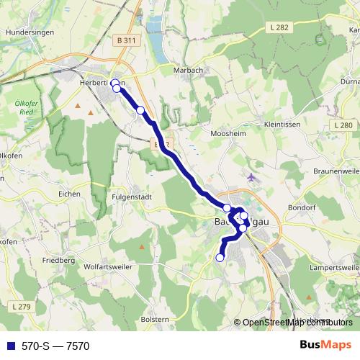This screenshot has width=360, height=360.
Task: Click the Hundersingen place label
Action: tap(25, 32)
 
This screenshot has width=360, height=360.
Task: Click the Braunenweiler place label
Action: tap(336, 172)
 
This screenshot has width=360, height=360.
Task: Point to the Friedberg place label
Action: tap(58, 259)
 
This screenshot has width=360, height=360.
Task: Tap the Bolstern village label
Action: tap(156, 319)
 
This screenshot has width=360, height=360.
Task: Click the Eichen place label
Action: tap(70, 194)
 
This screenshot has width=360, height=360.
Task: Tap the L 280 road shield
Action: tap(344, 125)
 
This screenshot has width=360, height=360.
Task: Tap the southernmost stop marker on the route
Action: tap(220, 257)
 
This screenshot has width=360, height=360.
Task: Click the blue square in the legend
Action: tap(11, 346)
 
